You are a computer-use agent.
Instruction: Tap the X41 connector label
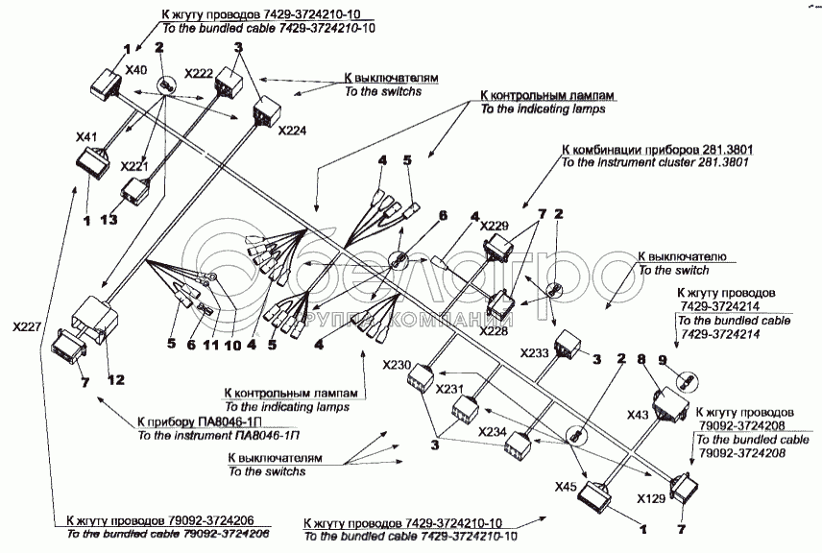[87, 138]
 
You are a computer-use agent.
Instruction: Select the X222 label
[198, 74]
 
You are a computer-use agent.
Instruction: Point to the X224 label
[292, 131]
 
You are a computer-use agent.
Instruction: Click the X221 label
[135, 166]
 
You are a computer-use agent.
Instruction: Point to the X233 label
[535, 352]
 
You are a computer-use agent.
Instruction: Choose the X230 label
[396, 365]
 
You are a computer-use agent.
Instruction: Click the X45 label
[567, 486]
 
